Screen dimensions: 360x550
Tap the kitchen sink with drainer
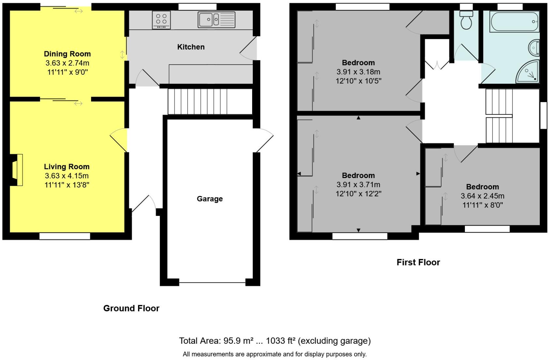(x=216, y=20)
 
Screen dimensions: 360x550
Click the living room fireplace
(x=17, y=170)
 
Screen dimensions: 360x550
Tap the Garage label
(x=209, y=199)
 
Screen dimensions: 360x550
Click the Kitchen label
(x=191, y=47)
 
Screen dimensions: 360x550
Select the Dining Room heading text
(x=67, y=54)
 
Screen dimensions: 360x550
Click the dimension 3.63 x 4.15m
(x=67, y=176)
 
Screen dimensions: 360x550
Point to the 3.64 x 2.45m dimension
(x=482, y=196)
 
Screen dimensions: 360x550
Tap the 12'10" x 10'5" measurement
(x=358, y=81)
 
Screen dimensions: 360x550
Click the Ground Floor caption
(x=131, y=308)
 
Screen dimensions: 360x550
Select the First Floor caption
(x=418, y=262)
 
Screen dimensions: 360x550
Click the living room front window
(x=65, y=236)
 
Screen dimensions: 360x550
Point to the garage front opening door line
(x=212, y=282)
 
